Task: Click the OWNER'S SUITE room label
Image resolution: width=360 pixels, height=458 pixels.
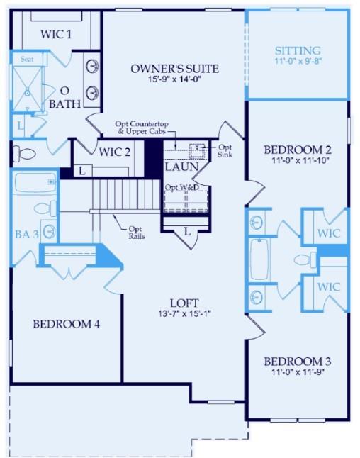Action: pos(174,69)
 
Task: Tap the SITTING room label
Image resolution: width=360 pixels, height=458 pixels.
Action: pos(298,51)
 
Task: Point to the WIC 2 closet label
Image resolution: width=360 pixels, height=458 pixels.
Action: pos(115,151)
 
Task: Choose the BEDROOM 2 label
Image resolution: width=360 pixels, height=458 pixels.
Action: pos(297,150)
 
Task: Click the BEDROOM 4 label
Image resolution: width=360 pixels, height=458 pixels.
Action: pos(66,324)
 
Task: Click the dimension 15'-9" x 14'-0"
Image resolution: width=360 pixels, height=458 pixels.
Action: pos(174,81)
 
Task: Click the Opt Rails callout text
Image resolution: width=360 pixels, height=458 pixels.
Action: pos(137,233)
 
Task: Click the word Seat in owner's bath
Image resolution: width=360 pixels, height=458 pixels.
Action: pos(27,59)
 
